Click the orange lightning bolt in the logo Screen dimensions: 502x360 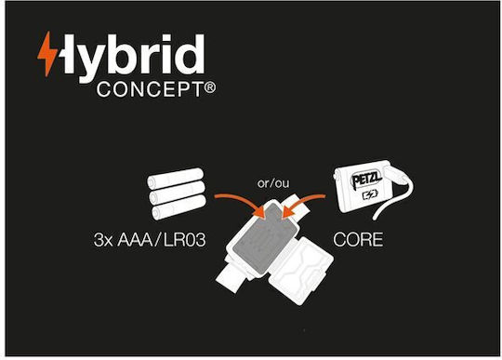47,54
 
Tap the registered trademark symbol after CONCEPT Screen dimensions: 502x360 210,87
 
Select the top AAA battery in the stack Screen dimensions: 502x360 176,178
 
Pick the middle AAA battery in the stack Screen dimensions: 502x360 177,193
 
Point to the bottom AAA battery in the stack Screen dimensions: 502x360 178,207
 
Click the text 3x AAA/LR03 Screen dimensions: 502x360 150,240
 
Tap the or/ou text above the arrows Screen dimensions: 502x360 273,183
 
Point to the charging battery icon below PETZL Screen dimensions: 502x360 370,194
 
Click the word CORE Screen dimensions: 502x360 358,240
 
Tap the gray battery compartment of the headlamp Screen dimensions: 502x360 262,239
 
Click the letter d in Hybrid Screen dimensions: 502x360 190,54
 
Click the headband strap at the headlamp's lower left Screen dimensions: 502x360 231,275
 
